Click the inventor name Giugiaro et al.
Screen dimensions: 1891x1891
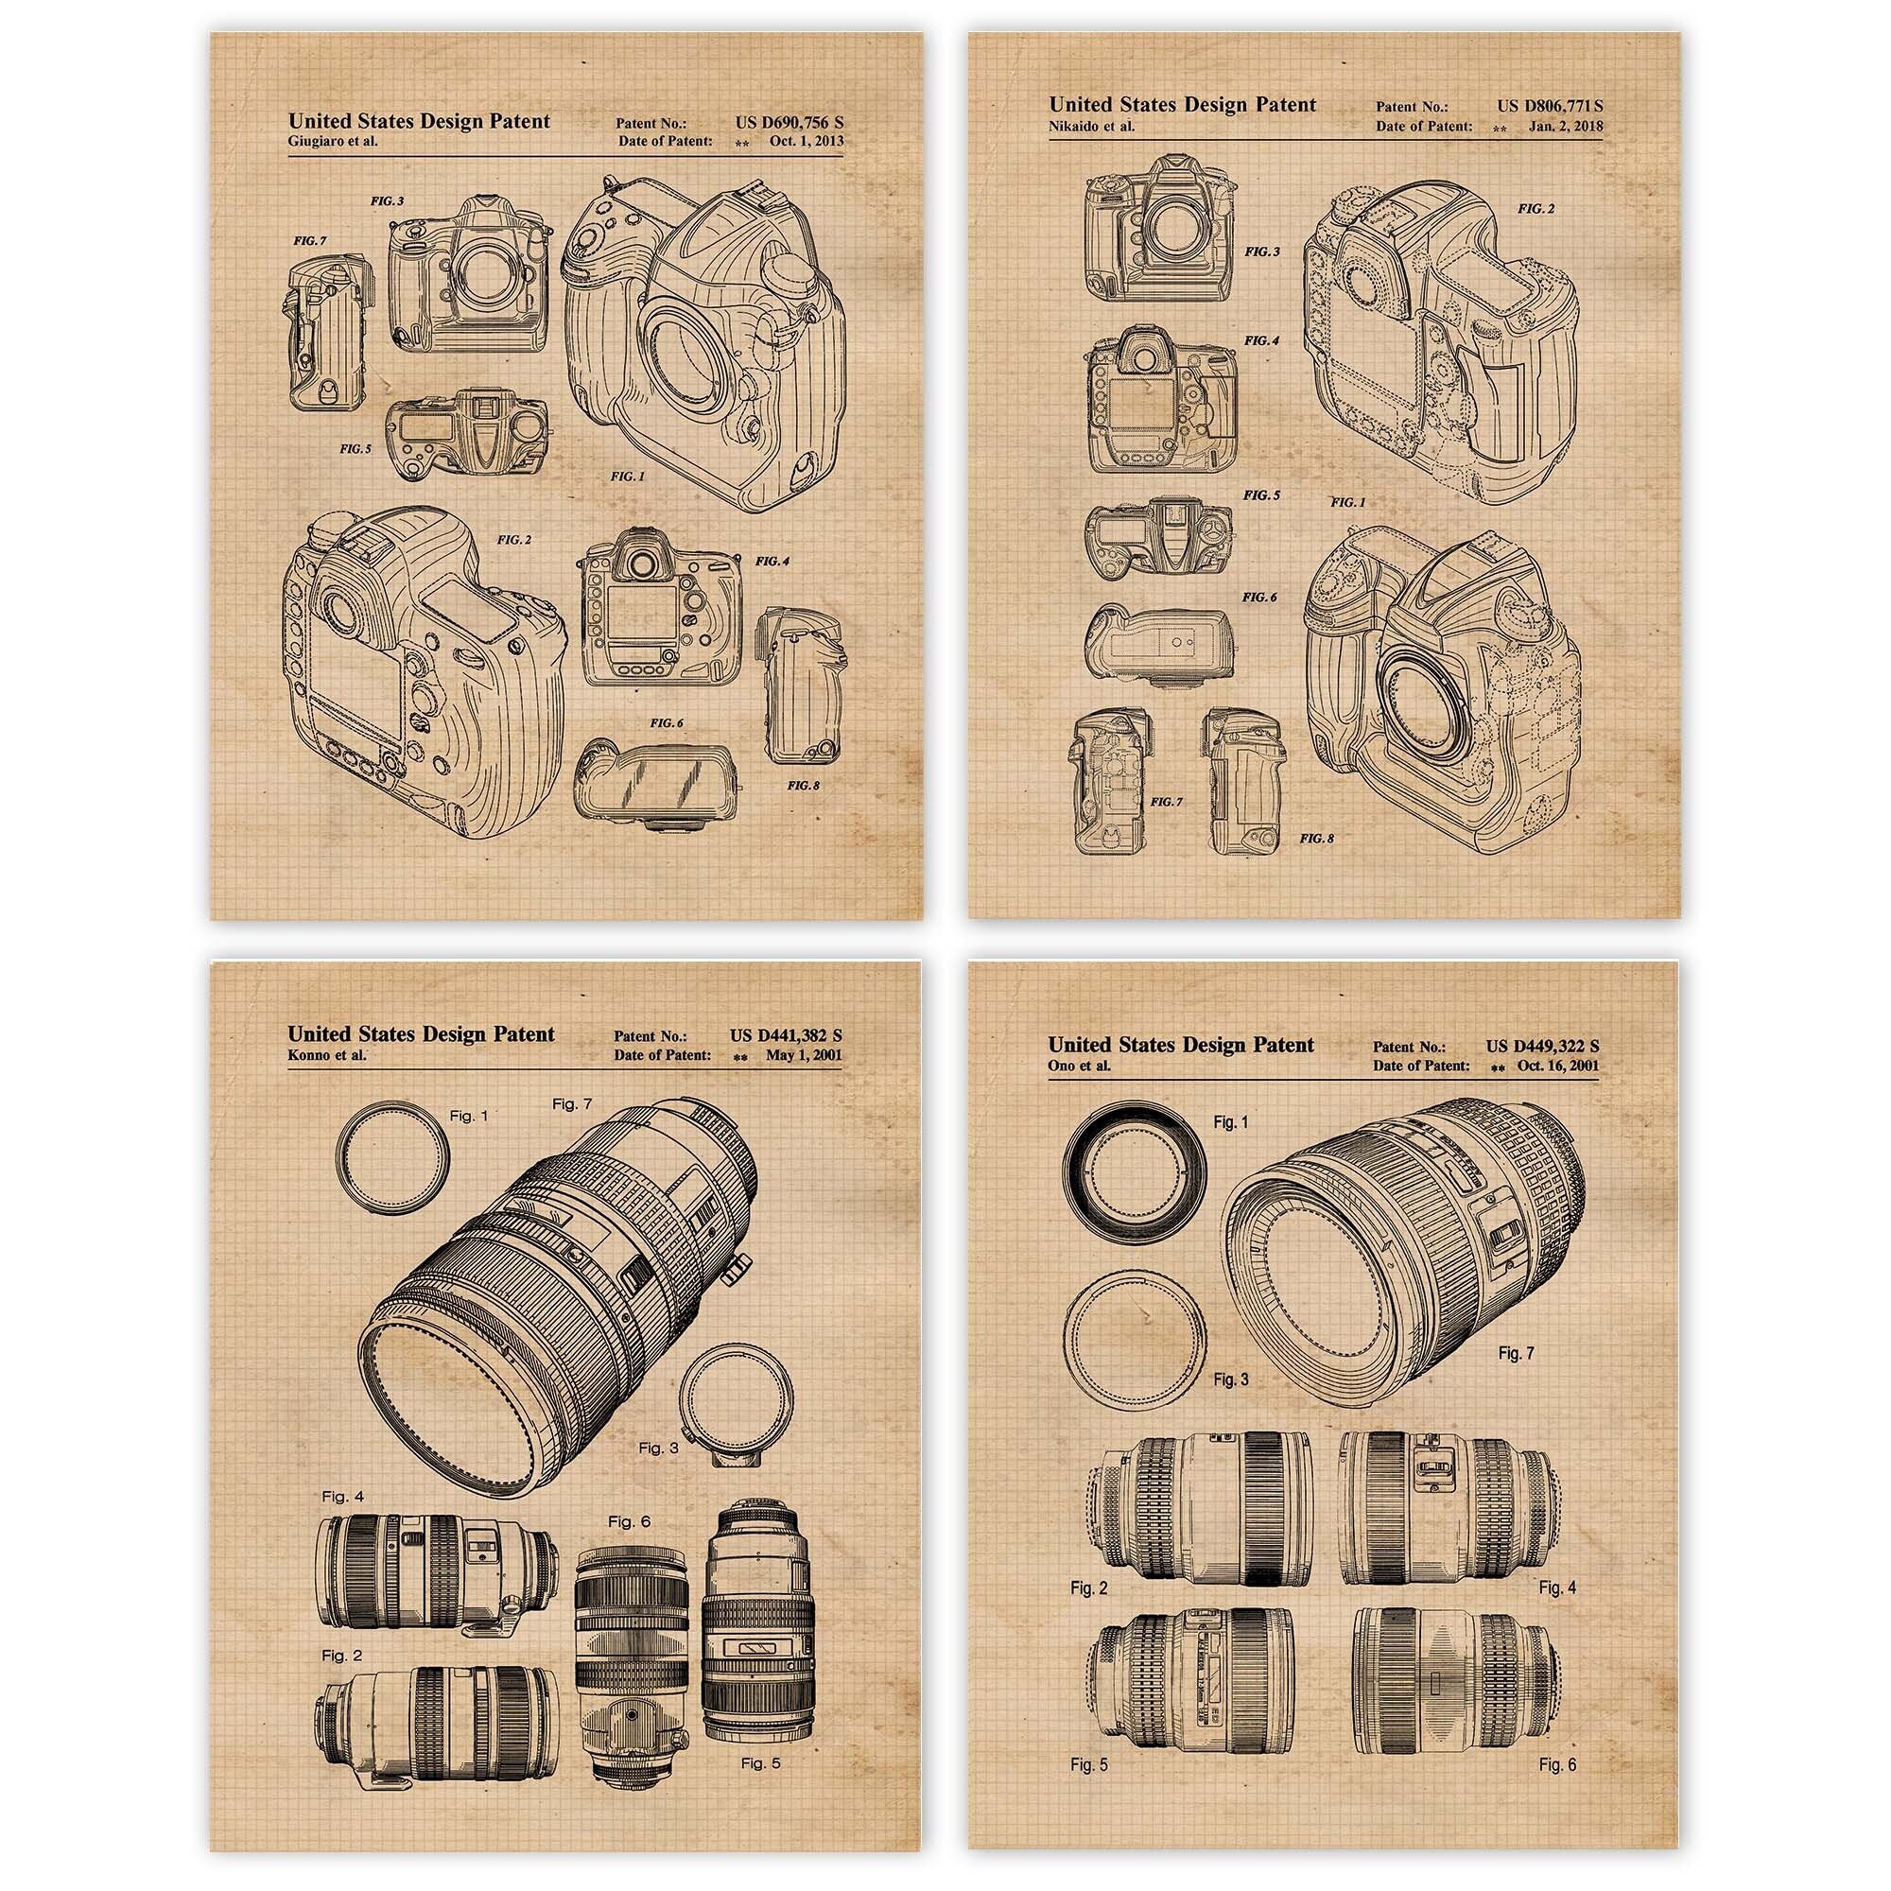pyautogui.click(x=333, y=141)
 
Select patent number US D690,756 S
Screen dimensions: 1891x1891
pyautogui.click(x=789, y=122)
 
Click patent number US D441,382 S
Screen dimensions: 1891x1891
pyautogui.click(x=786, y=1034)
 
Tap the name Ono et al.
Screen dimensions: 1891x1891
pyautogui.click(x=1080, y=1066)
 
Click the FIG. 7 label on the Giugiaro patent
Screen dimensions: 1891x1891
pyautogui.click(x=309, y=241)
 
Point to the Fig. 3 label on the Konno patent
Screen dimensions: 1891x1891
pyautogui.click(x=659, y=1448)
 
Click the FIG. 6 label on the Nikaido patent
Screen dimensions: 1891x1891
pyautogui.click(x=1259, y=597)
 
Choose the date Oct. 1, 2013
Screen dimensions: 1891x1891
pyautogui.click(x=806, y=141)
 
